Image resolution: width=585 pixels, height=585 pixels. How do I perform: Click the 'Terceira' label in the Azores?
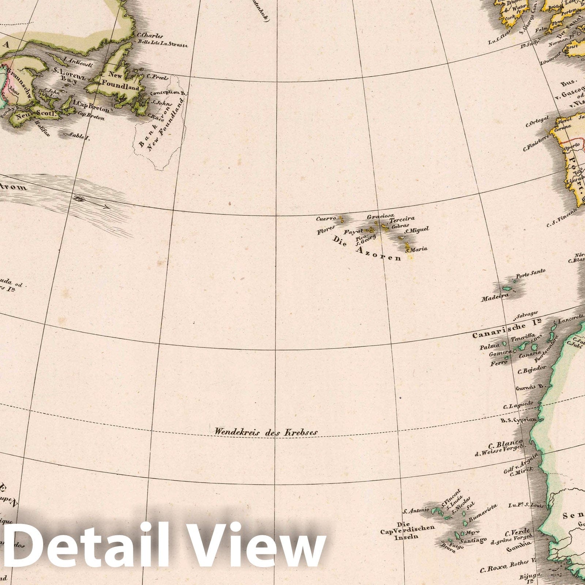point(402,220)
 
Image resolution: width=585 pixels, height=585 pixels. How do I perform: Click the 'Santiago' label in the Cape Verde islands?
point(473,540)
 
